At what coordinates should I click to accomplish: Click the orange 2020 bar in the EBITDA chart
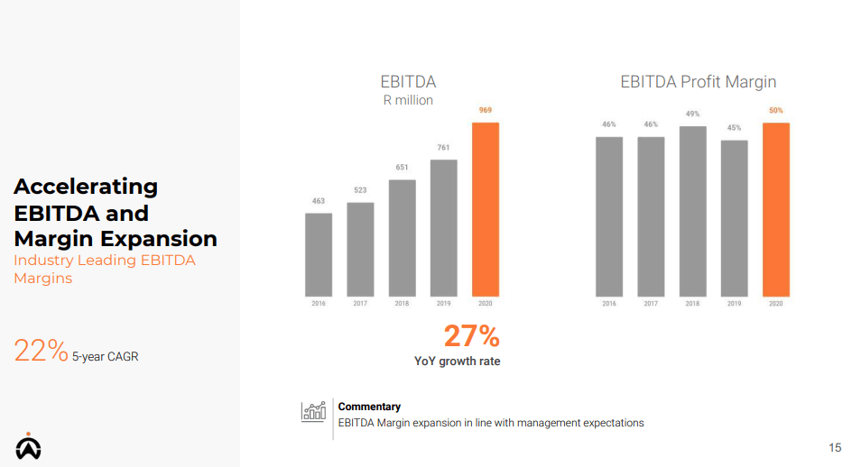[486, 209]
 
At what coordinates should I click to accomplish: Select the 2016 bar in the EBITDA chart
[319, 254]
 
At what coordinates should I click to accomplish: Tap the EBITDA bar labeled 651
[403, 238]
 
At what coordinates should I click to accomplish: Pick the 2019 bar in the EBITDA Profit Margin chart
[734, 218]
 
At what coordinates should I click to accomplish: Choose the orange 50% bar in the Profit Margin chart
[775, 209]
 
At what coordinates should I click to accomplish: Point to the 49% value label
[692, 114]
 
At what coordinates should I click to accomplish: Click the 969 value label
[486, 110]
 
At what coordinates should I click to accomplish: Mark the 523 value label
[360, 190]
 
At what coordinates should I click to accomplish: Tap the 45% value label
[734, 128]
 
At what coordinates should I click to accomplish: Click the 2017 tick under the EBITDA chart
[360, 304]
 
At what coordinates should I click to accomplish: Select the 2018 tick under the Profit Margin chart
[692, 304]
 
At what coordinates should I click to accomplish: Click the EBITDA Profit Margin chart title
[698, 82]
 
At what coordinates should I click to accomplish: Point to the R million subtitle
[408, 100]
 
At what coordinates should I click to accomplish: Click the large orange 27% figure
[471, 336]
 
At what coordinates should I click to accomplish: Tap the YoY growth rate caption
[457, 362]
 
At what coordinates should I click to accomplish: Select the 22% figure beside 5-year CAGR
[41, 351]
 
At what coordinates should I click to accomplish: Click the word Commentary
[369, 407]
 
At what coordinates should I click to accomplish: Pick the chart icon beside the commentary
[313, 412]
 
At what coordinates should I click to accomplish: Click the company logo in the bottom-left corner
[28, 446]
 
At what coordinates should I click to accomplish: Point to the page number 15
[834, 448]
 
